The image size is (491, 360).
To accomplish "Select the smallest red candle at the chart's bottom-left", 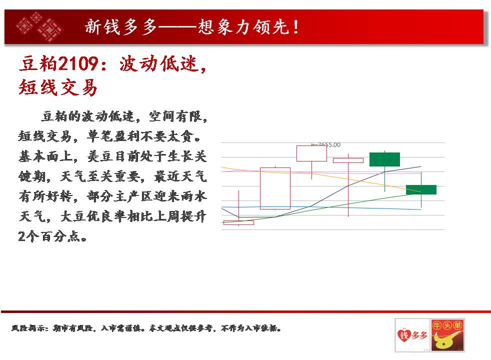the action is click(x=238, y=222).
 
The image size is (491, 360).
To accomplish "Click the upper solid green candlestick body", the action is click(x=384, y=159).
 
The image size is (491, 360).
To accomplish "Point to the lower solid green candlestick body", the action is click(x=421, y=189).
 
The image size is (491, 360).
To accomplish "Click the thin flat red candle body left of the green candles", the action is click(x=348, y=160).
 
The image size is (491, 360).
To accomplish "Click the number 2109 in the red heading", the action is click(x=78, y=63).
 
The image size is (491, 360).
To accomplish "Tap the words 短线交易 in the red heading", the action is click(x=58, y=87).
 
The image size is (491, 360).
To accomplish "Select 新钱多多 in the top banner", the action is click(x=121, y=26).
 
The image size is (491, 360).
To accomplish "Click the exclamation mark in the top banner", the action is click(x=296, y=27).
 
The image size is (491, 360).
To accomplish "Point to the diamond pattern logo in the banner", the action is click(x=39, y=27).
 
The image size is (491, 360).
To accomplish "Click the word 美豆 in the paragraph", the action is click(x=100, y=156).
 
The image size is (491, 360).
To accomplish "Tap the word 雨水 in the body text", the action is click(x=193, y=196).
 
